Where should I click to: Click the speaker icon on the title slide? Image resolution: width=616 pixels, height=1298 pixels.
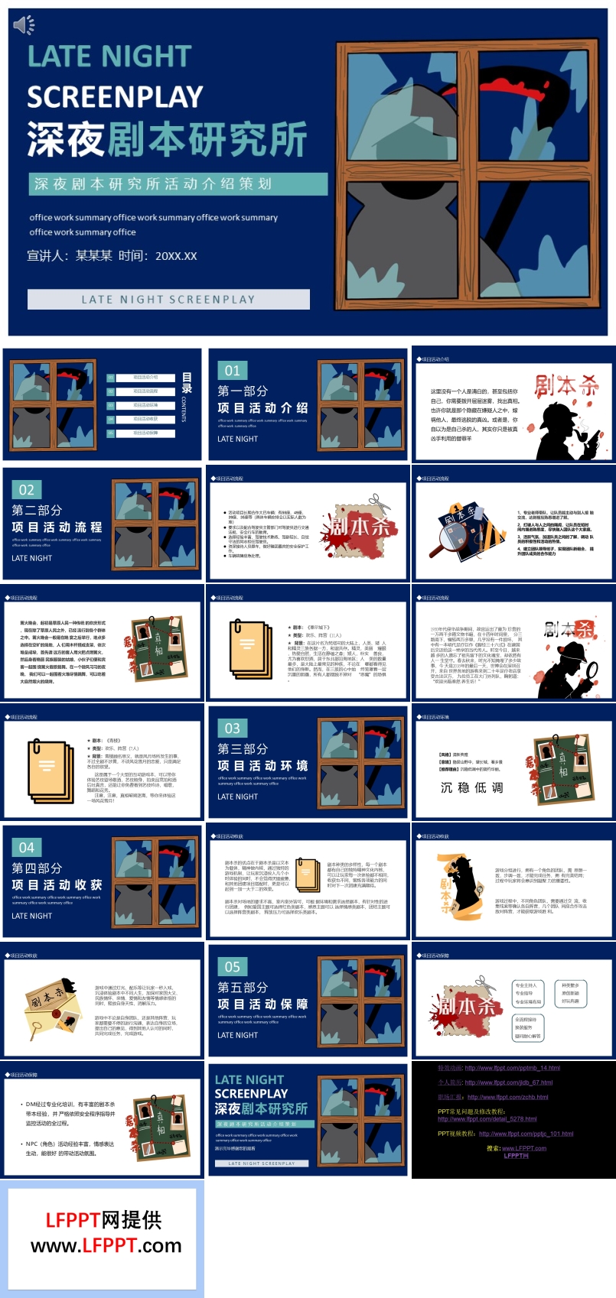pyautogui.click(x=23, y=26)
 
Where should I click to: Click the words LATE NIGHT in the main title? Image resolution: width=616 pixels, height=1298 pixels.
pyautogui.click(x=109, y=57)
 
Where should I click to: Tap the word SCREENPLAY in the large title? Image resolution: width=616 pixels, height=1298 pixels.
pyautogui.click(x=115, y=97)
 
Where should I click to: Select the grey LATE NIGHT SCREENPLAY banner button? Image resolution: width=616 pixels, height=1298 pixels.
pyautogui.click(x=168, y=300)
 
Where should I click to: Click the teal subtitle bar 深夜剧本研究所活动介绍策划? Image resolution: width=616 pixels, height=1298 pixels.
pyautogui.click(x=178, y=183)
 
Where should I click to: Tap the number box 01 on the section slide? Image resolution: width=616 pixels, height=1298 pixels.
pyautogui.click(x=232, y=371)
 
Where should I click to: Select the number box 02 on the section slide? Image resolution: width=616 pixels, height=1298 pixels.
pyautogui.click(x=27, y=490)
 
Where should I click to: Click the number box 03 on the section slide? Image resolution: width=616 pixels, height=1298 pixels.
pyautogui.click(x=232, y=729)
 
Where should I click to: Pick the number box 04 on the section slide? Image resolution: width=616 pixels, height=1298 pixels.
pyautogui.click(x=27, y=848)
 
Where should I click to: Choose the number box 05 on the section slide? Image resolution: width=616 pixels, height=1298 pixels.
pyautogui.click(x=232, y=967)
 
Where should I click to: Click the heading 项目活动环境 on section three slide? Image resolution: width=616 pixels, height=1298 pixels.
pyautogui.click(x=262, y=766)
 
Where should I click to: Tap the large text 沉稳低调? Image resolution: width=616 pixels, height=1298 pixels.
pyautogui.click(x=472, y=787)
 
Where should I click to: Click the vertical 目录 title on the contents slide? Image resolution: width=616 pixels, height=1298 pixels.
pyautogui.click(x=187, y=383)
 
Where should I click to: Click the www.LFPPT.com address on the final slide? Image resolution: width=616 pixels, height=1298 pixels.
pyautogui.click(x=106, y=1246)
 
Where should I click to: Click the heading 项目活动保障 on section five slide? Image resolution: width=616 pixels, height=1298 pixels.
pyautogui.click(x=262, y=1004)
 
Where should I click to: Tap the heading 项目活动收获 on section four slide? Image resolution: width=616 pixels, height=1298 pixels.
pyautogui.click(x=57, y=885)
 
